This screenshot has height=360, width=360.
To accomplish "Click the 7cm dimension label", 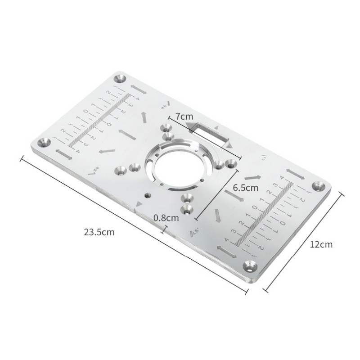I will [184, 116].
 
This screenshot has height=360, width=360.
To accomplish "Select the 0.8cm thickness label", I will [166, 217].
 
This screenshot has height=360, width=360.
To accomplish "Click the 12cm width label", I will [321, 244].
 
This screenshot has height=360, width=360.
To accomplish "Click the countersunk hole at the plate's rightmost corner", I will [319, 186].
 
